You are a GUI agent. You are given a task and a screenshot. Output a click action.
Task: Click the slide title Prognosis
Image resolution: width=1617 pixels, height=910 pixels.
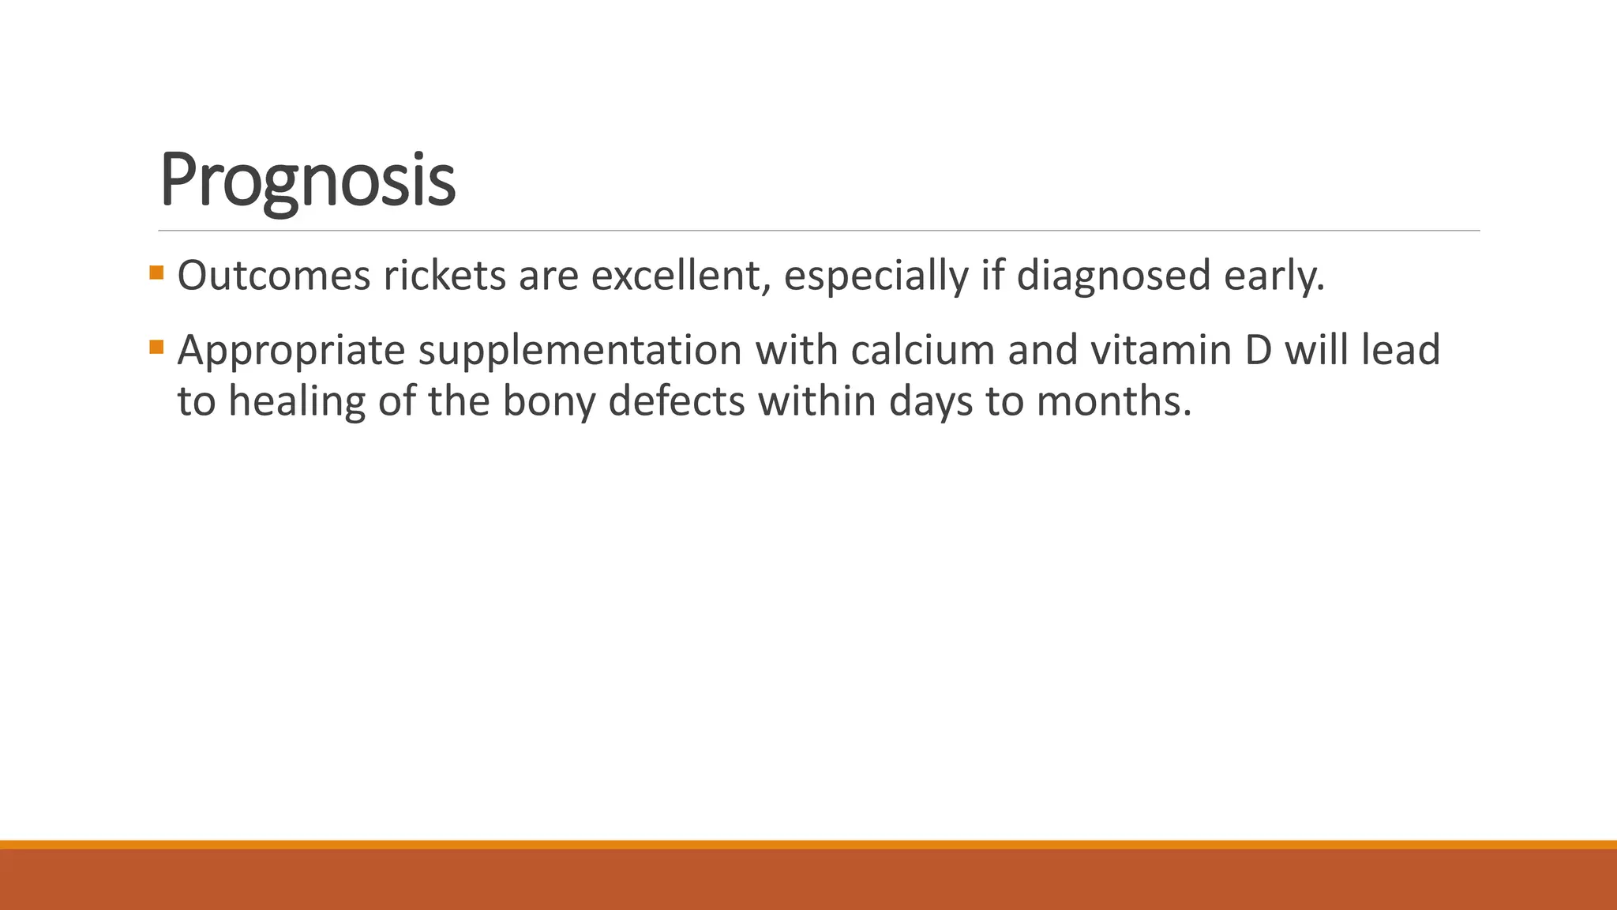(x=307, y=180)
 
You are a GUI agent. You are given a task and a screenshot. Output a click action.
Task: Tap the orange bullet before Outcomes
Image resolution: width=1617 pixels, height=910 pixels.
(x=156, y=273)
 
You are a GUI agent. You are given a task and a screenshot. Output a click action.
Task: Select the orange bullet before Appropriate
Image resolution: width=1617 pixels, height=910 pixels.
(x=156, y=347)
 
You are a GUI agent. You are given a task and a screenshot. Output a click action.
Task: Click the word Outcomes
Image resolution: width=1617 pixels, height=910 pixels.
(x=274, y=276)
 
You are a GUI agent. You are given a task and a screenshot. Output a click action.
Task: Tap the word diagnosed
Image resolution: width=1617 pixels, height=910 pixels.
(x=1113, y=276)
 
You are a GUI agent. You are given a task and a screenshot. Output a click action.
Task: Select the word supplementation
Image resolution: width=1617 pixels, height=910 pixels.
(x=580, y=350)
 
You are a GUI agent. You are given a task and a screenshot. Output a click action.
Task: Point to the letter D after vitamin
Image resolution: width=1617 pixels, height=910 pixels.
(x=1259, y=350)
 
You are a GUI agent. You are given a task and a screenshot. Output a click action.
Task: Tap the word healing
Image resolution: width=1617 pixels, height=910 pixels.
(x=297, y=401)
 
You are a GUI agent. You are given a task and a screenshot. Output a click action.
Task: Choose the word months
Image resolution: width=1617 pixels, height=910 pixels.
(x=1113, y=401)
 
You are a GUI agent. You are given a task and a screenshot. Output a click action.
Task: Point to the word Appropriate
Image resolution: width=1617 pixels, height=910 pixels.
(x=291, y=350)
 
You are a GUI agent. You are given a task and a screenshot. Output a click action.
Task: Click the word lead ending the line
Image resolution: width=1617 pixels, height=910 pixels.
(x=1401, y=350)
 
